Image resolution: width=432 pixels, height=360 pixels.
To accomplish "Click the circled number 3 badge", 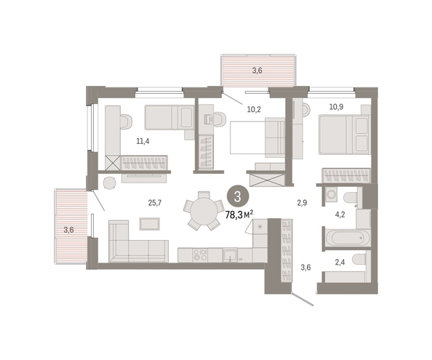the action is (238, 196).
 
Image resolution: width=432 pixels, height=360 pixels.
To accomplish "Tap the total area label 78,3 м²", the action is (239, 215).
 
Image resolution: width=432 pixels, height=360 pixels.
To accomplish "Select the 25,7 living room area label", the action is (155, 203).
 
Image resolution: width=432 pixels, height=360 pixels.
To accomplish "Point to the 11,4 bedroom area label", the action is (143, 141).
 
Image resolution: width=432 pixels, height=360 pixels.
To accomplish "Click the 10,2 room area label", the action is (254, 109).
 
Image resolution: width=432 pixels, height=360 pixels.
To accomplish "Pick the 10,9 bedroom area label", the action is (336, 107).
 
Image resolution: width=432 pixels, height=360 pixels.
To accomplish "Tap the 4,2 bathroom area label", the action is (340, 215).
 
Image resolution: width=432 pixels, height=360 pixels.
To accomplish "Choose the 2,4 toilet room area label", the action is (340, 262).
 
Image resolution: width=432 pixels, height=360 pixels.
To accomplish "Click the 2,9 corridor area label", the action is (302, 203).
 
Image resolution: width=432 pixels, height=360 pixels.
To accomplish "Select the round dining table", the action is (204, 212).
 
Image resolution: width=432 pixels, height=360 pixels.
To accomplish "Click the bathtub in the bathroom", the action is (347, 237).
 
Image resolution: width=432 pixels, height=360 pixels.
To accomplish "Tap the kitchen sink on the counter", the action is (230, 255).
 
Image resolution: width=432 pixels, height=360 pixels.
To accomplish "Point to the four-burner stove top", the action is (200, 255).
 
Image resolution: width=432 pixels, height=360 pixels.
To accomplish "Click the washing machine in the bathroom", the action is (331, 195).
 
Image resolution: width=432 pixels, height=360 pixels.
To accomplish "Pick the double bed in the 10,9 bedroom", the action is (344, 135).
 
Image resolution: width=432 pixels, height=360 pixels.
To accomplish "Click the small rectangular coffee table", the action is (149, 223).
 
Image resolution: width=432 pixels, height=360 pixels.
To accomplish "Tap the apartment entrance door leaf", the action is (303, 300).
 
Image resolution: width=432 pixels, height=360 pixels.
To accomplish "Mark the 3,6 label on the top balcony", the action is (257, 71).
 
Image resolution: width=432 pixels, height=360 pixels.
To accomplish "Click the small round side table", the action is (109, 183).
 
